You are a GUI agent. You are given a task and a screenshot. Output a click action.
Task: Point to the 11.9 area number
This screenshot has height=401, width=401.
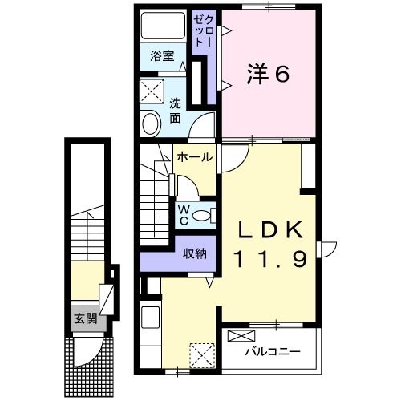coord(270,258)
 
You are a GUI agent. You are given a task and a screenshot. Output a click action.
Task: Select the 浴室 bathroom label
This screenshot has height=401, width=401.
coord(162,56)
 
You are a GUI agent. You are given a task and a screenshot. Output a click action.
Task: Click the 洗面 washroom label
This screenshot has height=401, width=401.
coord(175,111)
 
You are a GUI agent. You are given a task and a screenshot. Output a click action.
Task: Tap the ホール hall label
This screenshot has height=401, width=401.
coord(194,157)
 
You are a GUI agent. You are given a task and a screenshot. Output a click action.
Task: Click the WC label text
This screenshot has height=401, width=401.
coord(183,214)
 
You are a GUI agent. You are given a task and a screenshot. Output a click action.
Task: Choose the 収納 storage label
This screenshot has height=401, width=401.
coord(195,254)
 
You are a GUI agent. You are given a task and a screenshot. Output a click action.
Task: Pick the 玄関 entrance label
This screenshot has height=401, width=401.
coord(86,318)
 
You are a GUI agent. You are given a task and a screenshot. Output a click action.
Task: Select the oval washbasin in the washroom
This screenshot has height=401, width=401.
coord(150,123)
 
